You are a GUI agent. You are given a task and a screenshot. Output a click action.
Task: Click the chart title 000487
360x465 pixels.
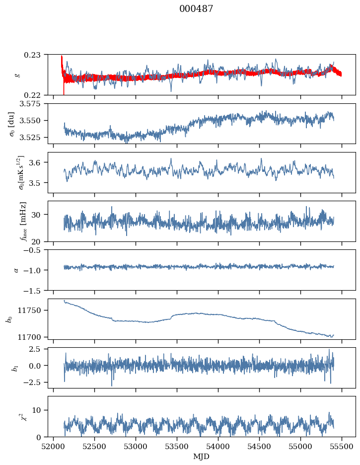click(x=196, y=9)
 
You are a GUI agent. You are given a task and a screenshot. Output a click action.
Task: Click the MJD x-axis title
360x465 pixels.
click(x=202, y=456)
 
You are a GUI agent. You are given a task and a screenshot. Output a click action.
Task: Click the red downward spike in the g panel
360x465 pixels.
click(x=64, y=89)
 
